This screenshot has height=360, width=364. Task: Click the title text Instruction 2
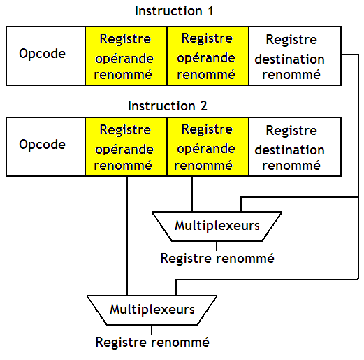pos(168,106)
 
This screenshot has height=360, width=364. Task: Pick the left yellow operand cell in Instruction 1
pos(125,56)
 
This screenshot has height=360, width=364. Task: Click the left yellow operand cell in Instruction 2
pos(125,147)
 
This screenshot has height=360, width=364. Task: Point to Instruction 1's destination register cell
pos(293,56)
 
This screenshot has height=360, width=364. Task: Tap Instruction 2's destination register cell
pos(293,147)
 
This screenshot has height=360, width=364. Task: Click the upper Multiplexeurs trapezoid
pos(217,226)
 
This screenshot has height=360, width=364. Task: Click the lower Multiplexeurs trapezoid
pos(152,309)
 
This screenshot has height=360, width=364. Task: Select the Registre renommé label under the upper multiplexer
pos(217,258)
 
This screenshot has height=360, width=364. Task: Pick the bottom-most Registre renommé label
pos(152,342)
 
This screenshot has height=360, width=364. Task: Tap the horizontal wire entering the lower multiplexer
pos(265,280)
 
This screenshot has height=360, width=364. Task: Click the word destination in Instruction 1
pos(289,59)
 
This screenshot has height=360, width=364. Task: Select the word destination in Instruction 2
pos(289,150)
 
